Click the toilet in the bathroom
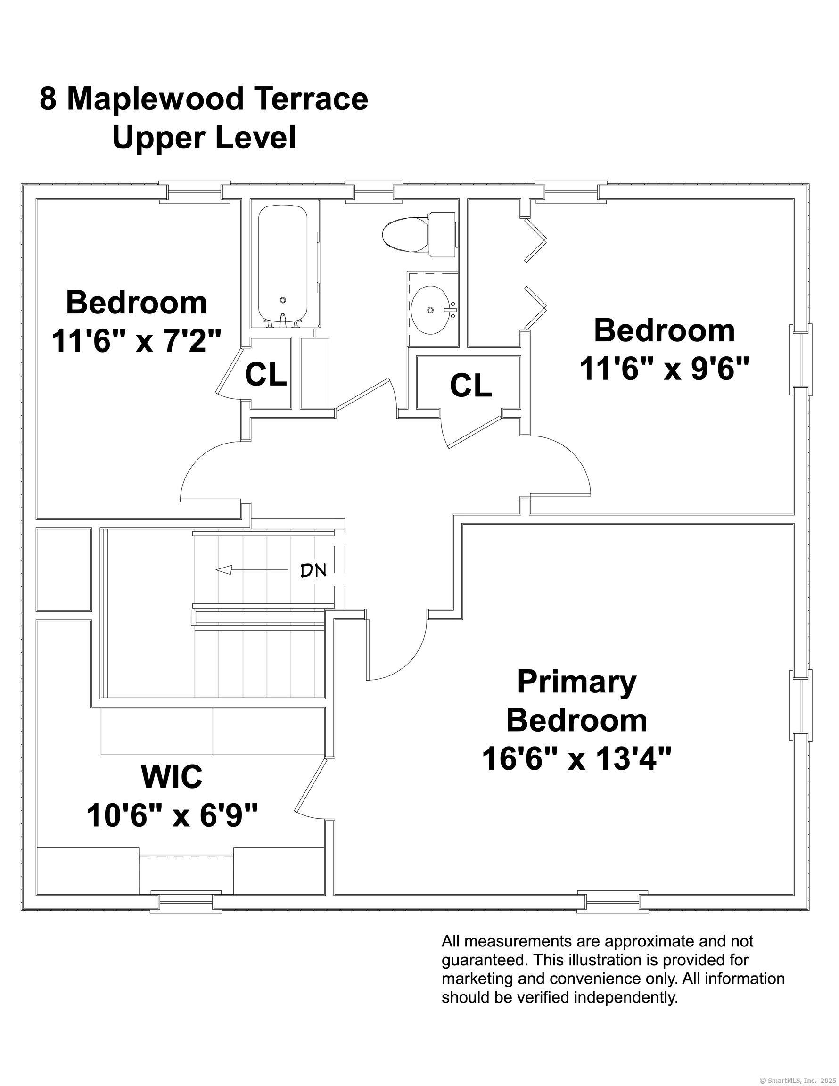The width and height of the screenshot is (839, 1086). click(x=419, y=234)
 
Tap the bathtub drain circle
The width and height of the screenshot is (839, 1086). click(x=283, y=300)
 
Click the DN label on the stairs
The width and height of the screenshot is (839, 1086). click(x=313, y=570)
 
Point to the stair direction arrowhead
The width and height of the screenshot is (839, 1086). click(x=224, y=570)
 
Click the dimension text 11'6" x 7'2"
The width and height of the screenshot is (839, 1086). click(x=136, y=341)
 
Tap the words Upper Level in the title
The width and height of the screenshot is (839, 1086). click(x=204, y=138)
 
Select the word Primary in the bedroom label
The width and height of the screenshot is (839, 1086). click(x=576, y=682)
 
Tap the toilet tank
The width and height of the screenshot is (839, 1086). click(x=442, y=234)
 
